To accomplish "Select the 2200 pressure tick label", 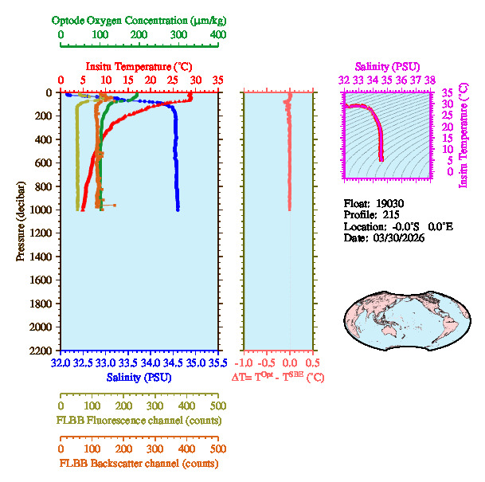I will pyautogui.click(x=41, y=351).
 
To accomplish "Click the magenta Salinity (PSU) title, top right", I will pyautogui.click(x=386, y=66).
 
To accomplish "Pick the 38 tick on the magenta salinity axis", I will pyautogui.click(x=429, y=80).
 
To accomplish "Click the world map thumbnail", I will pyautogui.click(x=403, y=316).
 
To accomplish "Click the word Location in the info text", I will pyautogui.click(x=363, y=226).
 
